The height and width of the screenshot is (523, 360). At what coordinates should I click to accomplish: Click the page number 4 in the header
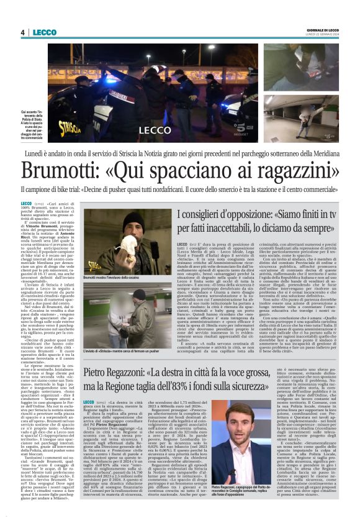pyautogui.click(x=22, y=32)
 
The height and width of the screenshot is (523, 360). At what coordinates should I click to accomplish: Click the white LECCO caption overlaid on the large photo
pyautogui.click(x=155, y=130)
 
